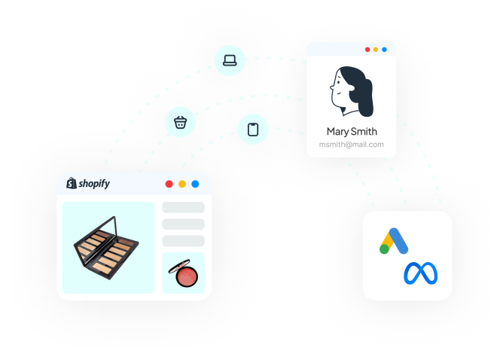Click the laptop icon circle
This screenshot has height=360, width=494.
pyautogui.click(x=230, y=59)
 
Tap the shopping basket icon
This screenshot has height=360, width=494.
pyautogui.click(x=181, y=121)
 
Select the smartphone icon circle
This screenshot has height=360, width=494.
pyautogui.click(x=253, y=128)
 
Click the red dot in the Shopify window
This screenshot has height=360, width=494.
pyautogui.click(x=169, y=184)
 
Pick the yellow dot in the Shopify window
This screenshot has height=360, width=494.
pyautogui.click(x=182, y=184)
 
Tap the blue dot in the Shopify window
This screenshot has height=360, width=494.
pyautogui.click(x=195, y=184)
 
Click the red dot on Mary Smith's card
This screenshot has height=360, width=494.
pyautogui.click(x=367, y=50)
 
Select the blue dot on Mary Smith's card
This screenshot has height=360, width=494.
pyautogui.click(x=384, y=50)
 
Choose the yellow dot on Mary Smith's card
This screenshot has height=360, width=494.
pyautogui.click(x=376, y=50)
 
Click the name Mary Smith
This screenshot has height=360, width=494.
pyautogui.click(x=352, y=131)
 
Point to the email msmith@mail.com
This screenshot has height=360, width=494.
pyautogui.click(x=352, y=144)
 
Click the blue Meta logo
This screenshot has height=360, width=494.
pyautogui.click(x=420, y=273)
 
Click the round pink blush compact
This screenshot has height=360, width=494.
pyautogui.click(x=182, y=273)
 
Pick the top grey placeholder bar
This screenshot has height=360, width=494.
pyautogui.click(x=183, y=208)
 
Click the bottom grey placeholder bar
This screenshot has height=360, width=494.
pyautogui.click(x=183, y=241)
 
